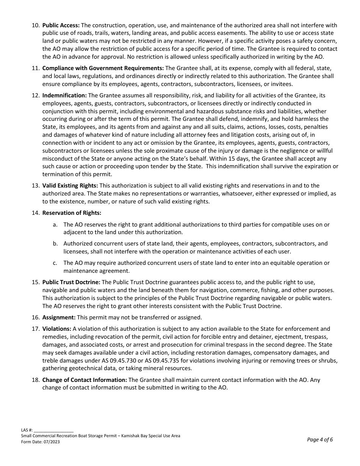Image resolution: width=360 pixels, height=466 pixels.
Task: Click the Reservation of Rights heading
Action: [72, 213]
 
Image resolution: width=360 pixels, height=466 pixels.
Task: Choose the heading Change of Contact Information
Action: [85, 380]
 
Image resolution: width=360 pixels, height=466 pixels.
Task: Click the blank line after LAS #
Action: [53, 430]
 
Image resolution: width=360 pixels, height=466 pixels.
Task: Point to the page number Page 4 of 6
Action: [320, 440]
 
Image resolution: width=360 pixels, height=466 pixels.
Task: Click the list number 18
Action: [35, 380]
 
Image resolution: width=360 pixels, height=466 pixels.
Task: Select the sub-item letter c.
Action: [55, 263]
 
